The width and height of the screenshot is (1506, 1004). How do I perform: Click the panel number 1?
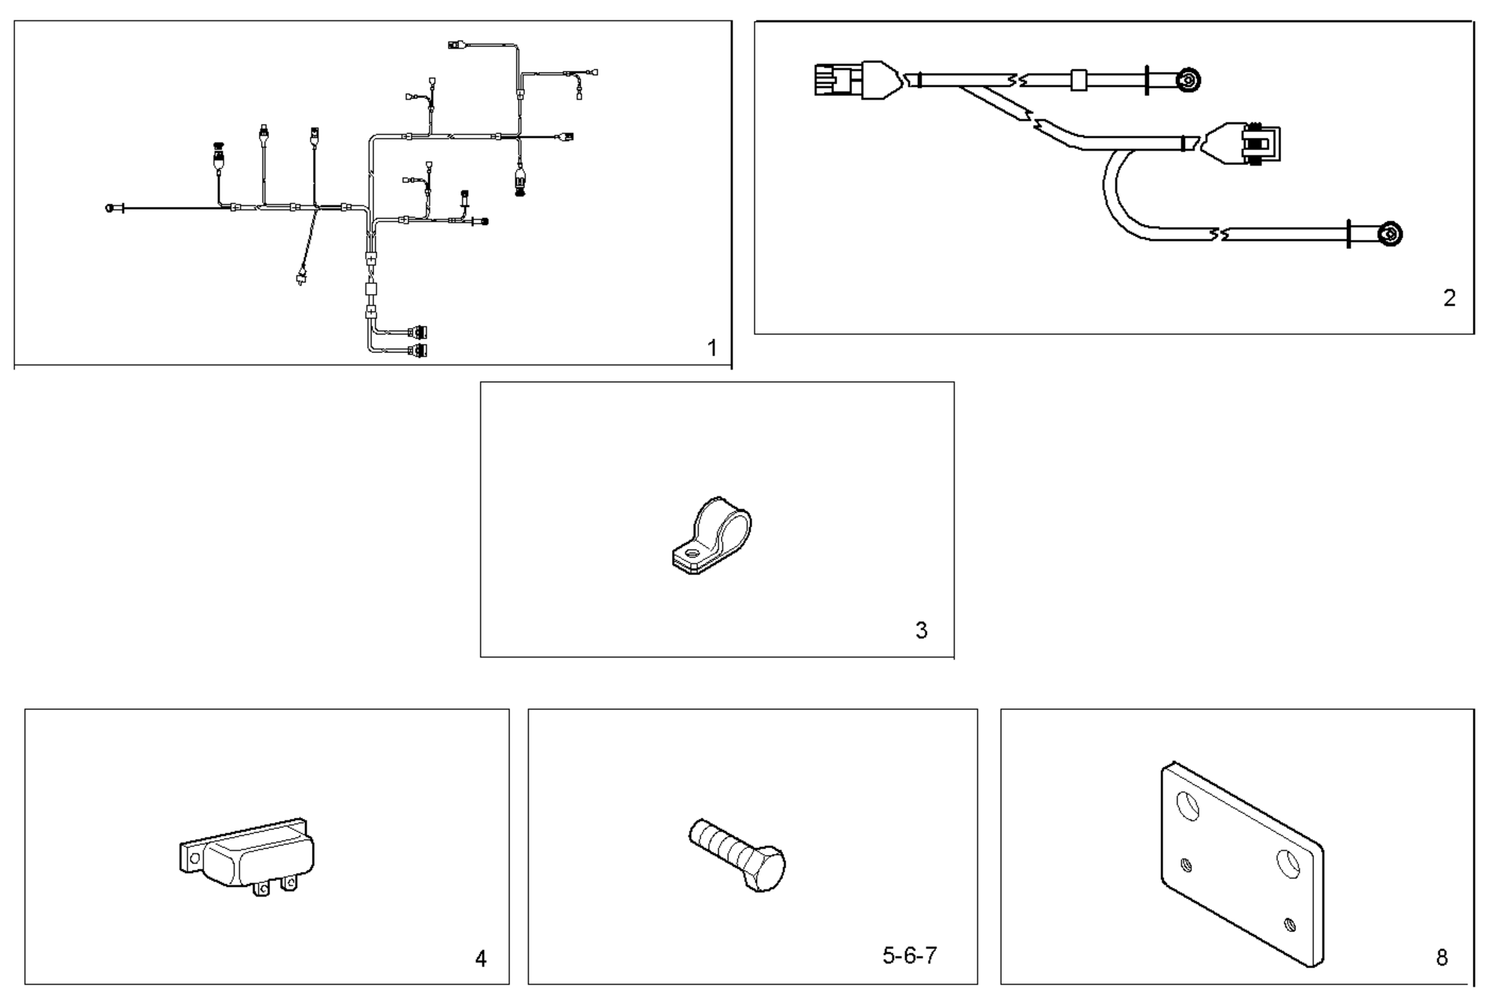pos(711,347)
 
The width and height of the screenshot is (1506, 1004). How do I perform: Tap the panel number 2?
pos(1449,298)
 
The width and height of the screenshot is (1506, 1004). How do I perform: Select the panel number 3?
pos(921,630)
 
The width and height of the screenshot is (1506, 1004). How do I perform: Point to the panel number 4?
pos(481,958)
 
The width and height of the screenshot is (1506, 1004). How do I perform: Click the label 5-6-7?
pos(909,955)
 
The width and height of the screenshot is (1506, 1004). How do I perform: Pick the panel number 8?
pos(1442,957)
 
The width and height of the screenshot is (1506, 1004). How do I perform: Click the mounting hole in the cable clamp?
pos(691,553)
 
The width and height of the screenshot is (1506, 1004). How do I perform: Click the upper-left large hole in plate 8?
pos(1189,806)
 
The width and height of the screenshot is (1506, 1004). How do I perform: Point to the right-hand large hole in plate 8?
pos(1288,863)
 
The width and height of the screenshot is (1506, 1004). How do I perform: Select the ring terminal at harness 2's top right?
pos(1188,80)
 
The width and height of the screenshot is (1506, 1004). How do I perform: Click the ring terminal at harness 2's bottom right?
pos(1390,234)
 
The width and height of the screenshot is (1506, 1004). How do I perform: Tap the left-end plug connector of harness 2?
pos(834,80)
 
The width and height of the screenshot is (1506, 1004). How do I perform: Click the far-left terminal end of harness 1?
pos(111,208)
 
